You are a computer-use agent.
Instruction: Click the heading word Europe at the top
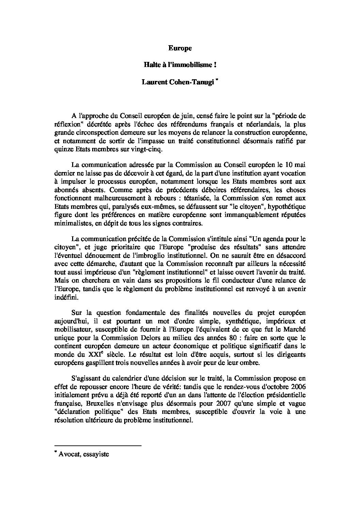[x=180, y=48]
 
